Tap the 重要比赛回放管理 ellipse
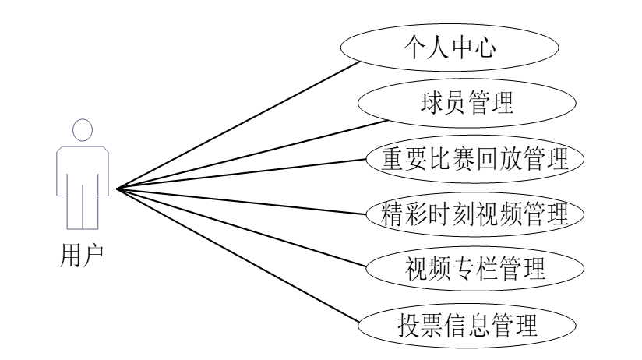click(x=474, y=158)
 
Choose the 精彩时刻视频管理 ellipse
click(x=474, y=213)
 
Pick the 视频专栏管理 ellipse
click(x=474, y=268)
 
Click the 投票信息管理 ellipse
click(x=468, y=323)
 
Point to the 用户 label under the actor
click(x=81, y=254)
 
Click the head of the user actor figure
click(x=81, y=129)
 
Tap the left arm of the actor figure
click(x=60, y=168)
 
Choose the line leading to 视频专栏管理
click(x=249, y=226)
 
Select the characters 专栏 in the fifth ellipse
click(x=474, y=268)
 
